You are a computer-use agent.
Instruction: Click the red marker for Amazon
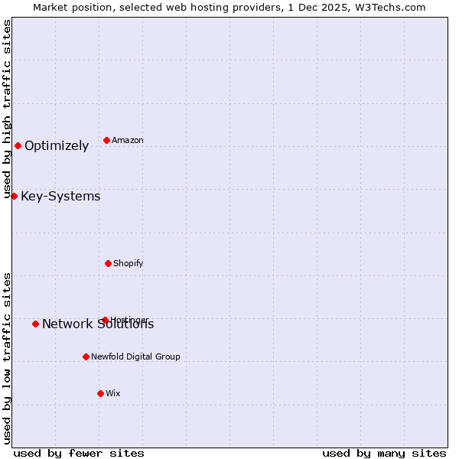pos(106,140)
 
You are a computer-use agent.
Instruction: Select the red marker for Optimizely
pos(18,145)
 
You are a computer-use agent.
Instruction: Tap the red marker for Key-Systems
pos(14,196)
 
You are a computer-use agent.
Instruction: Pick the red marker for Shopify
pos(108,263)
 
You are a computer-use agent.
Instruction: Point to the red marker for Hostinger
pos(105,320)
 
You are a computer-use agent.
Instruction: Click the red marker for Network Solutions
pos(35,324)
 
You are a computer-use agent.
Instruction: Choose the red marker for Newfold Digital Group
pos(86,356)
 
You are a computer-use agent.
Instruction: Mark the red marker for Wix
pos(100,393)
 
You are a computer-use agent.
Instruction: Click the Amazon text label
pos(128,140)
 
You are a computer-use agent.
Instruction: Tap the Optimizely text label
pos(57,145)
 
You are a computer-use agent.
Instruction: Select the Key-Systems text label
pos(60,196)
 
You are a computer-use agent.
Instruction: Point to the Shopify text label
pos(129,263)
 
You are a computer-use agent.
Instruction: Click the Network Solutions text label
pos(98,324)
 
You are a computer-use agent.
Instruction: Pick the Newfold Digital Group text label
pos(136,356)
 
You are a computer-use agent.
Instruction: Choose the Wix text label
pos(113,393)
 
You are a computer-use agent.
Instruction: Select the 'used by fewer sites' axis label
pos(79,453)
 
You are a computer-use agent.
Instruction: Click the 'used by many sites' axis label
pos(384,453)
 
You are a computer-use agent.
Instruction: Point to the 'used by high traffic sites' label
pos(7,109)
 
